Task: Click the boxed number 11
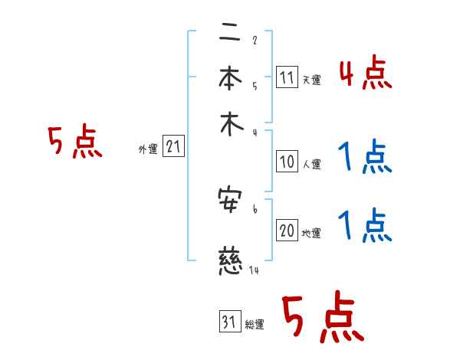coord(287,77)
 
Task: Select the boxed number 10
coord(287,162)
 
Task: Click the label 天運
coord(311,80)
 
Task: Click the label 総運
coord(255,325)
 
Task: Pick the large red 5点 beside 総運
coord(322,319)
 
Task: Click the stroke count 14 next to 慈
coord(255,270)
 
